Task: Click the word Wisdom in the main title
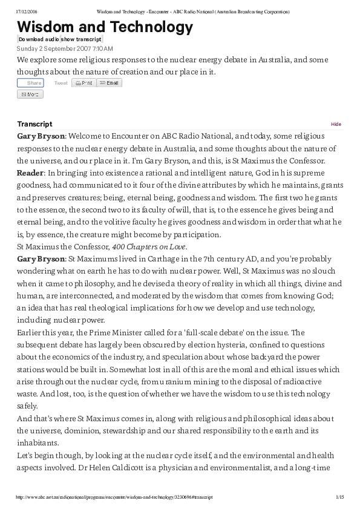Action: [49, 27]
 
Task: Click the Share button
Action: [30, 83]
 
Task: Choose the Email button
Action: [110, 83]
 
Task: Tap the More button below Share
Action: [30, 94]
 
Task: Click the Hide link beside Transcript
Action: [336, 124]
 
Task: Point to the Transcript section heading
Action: [34, 124]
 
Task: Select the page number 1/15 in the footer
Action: [339, 497]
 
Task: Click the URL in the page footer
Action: [115, 497]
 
